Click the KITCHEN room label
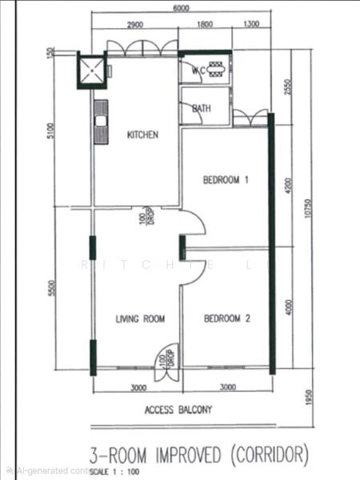coord(143,135)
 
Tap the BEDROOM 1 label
coord(226,180)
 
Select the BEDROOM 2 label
coord(227,318)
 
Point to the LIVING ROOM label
coord(140,318)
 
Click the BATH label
coord(202,108)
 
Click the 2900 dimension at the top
coord(134,25)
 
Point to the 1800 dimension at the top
coord(205,25)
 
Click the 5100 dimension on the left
coord(50,130)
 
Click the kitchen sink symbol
coord(102,122)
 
